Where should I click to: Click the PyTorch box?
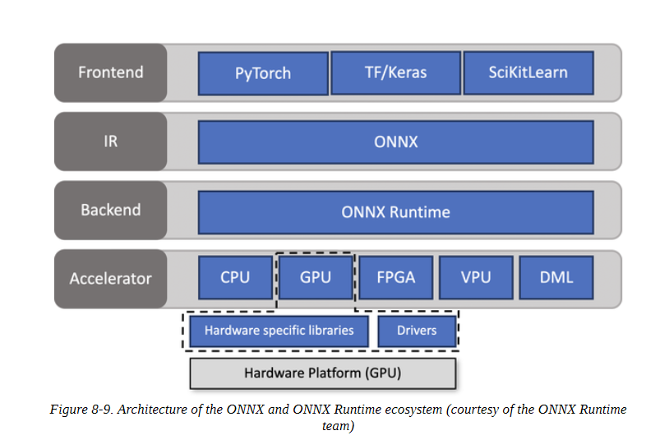[263, 73]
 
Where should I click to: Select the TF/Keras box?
[396, 73]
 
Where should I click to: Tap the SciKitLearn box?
[528, 73]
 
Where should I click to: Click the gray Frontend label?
[111, 72]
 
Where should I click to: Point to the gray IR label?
[111, 141]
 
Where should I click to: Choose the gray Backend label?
[111, 211]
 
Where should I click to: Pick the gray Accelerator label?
[111, 279]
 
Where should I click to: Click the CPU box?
[235, 277]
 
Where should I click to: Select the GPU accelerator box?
[316, 277]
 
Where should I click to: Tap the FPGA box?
[396, 277]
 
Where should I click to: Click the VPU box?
[476, 277]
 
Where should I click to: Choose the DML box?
[556, 277]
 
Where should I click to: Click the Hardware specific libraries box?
[279, 331]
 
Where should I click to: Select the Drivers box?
[417, 331]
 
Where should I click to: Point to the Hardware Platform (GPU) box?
[322, 373]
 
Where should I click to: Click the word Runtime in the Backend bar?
[420, 212]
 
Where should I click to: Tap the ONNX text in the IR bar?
[396, 142]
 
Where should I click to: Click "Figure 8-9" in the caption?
[81, 410]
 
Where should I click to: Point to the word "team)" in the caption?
[339, 426]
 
